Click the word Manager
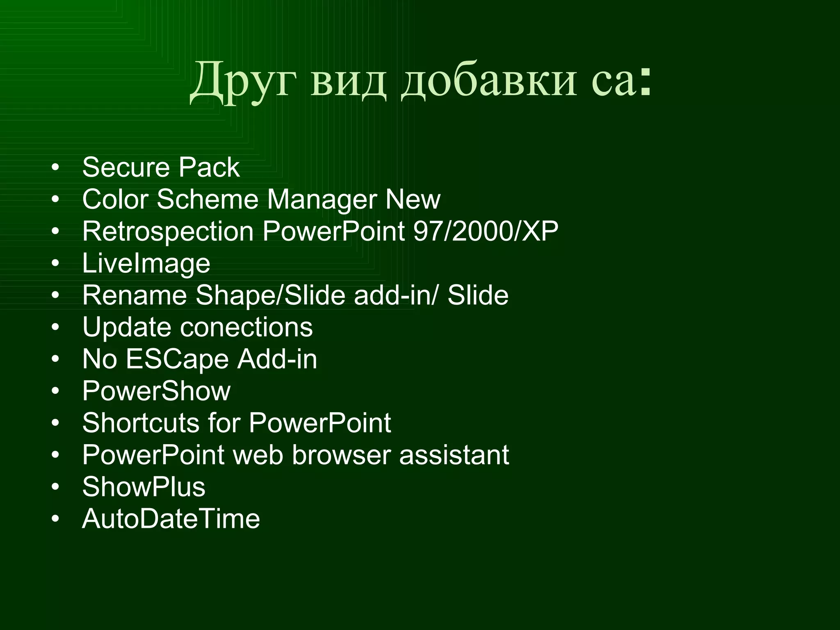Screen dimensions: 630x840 pos(322,200)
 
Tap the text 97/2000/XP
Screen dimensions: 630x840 pos(486,231)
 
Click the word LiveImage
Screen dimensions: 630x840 pos(146,264)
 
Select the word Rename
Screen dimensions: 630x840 pos(135,295)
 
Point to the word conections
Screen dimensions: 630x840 pos(247,327)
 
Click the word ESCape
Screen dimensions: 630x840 pos(177,359)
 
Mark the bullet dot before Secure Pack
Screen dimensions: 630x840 pos(55,168)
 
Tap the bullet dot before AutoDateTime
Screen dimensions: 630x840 pos(55,519)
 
